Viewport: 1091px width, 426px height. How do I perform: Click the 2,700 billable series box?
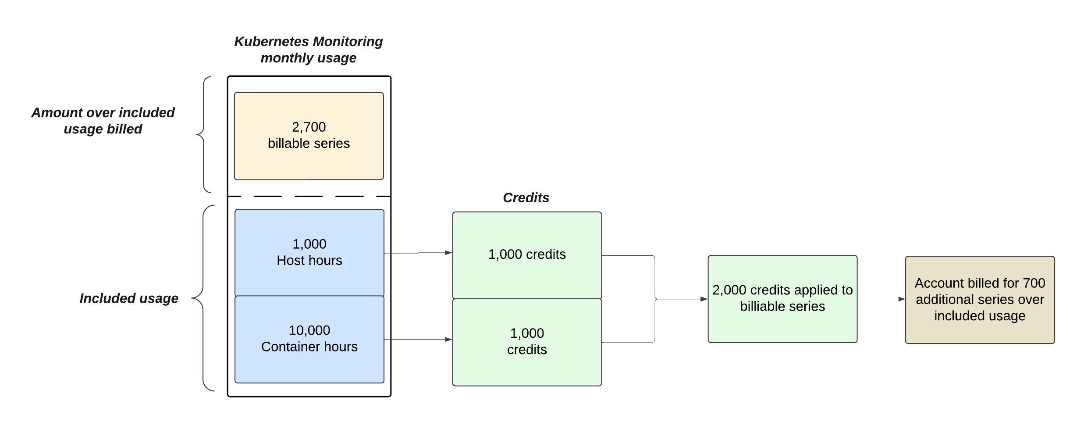309,136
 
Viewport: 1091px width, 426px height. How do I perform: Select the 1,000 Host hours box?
309,252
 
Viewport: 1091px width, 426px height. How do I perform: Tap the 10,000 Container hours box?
309,339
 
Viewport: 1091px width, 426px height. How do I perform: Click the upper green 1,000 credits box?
527,255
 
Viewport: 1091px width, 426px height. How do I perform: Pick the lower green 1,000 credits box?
527,342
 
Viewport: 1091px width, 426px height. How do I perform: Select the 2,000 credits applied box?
782,299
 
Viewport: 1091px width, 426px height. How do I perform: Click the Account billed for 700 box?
980,300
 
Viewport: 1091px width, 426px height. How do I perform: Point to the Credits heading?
526,198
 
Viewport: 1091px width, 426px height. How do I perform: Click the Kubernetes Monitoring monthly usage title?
308,50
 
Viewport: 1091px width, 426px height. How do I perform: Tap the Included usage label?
129,298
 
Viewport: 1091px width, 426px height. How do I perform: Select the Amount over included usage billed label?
103,121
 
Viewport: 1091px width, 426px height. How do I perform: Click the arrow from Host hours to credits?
418,253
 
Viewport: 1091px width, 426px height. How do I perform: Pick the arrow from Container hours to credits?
418,340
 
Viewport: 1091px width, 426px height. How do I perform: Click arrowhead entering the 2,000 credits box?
704,299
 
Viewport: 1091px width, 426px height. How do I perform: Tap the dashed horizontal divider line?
309,196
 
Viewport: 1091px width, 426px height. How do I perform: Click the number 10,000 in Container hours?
309,330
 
